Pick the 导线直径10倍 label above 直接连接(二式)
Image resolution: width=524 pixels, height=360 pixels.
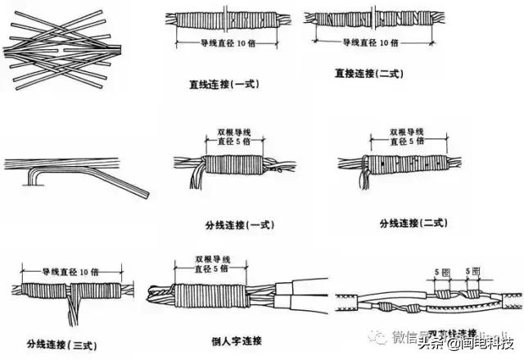click(x=366, y=41)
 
